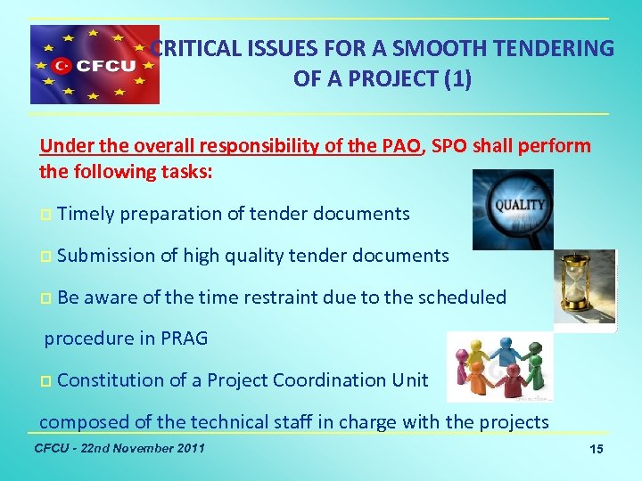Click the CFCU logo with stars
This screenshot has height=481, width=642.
[x=95, y=65]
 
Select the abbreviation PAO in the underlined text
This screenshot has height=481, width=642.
[x=399, y=146]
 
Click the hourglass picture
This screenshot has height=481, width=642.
[x=584, y=290]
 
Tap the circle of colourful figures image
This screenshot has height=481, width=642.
[x=498, y=367]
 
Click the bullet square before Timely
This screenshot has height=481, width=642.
[x=45, y=215]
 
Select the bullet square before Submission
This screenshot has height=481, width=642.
[x=45, y=257]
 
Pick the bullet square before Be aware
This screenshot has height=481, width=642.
[x=45, y=298]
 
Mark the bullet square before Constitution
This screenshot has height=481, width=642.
[x=45, y=381]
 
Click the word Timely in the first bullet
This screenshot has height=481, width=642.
[x=86, y=214]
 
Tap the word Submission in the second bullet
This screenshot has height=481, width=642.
[x=105, y=256]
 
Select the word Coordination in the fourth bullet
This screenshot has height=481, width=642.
[x=298, y=380]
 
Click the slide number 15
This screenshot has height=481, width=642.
[x=597, y=450]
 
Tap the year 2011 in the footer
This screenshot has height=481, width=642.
[x=187, y=447]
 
